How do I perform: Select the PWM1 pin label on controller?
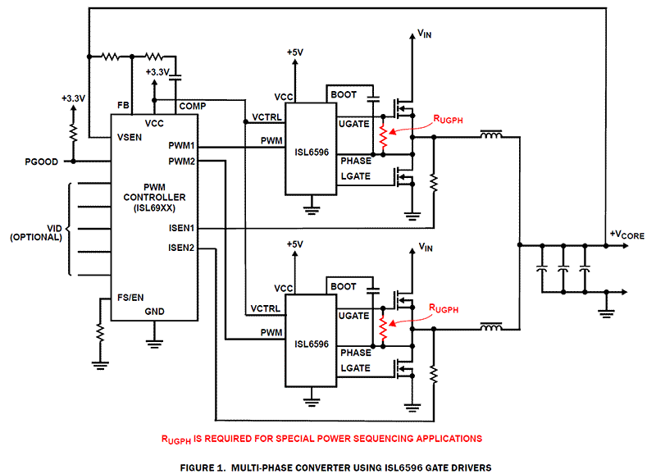(x=181, y=145)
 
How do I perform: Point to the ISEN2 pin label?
(x=181, y=247)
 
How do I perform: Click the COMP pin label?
(x=193, y=106)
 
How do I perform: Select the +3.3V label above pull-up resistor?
(x=73, y=98)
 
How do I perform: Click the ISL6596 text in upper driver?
(x=312, y=151)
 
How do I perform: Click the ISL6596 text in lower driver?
(x=312, y=344)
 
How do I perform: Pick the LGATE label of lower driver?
(x=355, y=370)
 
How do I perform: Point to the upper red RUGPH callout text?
(x=448, y=119)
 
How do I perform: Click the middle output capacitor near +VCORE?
(x=563, y=268)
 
